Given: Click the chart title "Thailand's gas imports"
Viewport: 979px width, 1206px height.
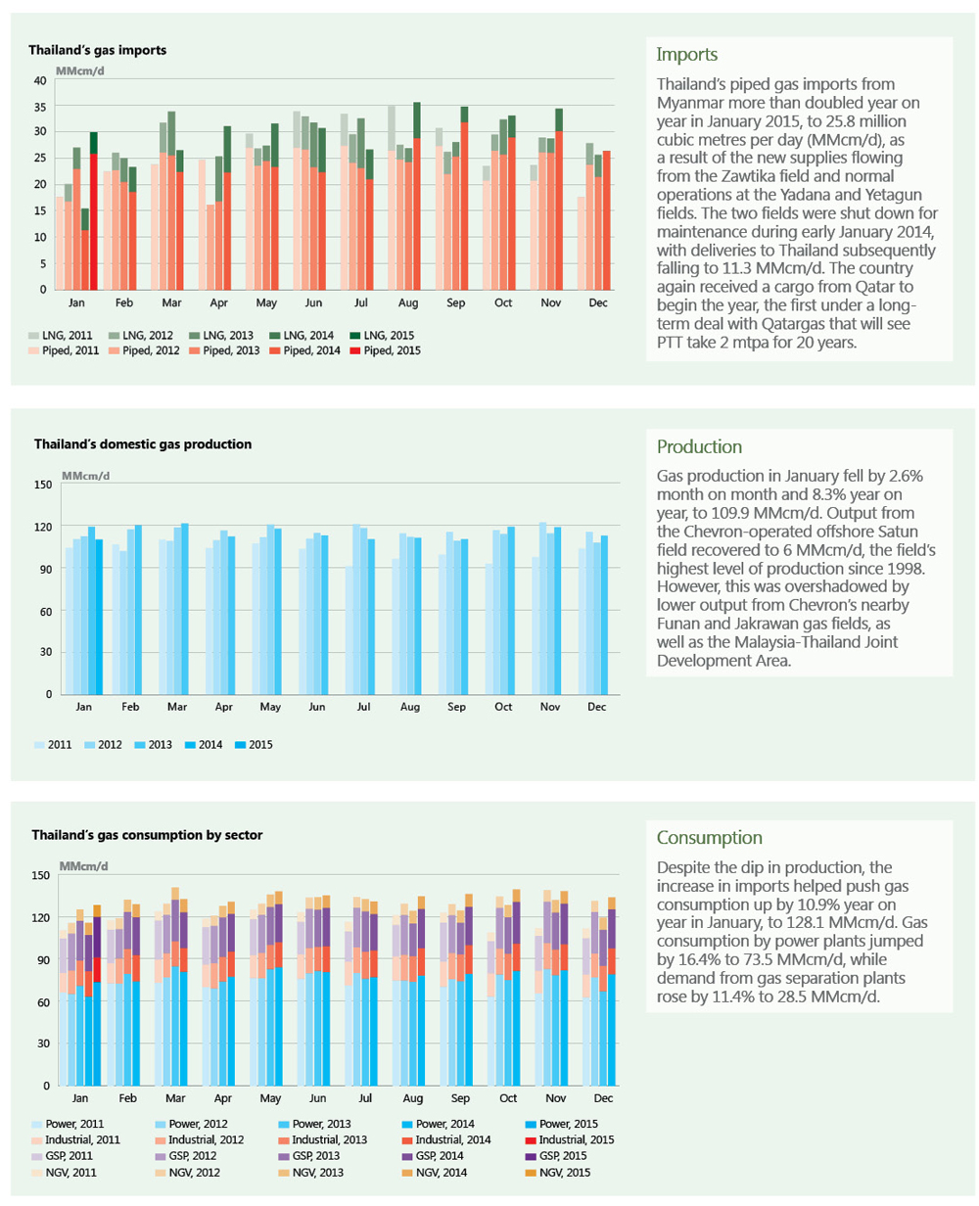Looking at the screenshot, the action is click(97, 50).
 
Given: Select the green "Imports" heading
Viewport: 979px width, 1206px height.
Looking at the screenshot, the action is click(686, 55).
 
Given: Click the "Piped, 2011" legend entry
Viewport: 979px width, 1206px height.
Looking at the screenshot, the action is click(64, 350).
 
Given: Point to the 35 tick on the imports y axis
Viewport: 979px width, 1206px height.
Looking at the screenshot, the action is click(40, 107).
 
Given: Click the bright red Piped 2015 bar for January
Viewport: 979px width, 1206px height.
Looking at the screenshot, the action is click(94, 221).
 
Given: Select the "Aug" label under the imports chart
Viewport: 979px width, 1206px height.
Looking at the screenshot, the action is click(407, 302).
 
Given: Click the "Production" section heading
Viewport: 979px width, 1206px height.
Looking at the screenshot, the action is click(699, 446).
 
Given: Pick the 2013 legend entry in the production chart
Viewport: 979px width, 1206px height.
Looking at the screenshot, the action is click(154, 745).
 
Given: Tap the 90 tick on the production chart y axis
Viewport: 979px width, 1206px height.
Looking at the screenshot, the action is click(45, 569).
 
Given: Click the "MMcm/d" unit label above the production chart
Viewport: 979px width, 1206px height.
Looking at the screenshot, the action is click(85, 476).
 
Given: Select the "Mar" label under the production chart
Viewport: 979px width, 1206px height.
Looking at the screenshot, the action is click(176, 707).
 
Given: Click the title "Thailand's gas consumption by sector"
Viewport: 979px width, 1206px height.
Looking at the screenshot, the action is click(147, 835).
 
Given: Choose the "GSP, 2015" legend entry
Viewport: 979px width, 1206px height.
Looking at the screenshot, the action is click(556, 1156).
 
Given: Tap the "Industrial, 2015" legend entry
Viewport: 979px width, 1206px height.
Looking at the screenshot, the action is click(570, 1139).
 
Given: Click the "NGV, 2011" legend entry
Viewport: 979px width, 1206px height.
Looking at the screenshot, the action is click(64, 1172).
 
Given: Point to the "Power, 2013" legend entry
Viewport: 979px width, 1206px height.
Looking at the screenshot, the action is click(315, 1124).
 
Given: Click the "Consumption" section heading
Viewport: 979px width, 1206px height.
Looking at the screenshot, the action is click(709, 837).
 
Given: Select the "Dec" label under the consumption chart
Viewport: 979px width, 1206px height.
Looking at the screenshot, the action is click(603, 1098).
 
